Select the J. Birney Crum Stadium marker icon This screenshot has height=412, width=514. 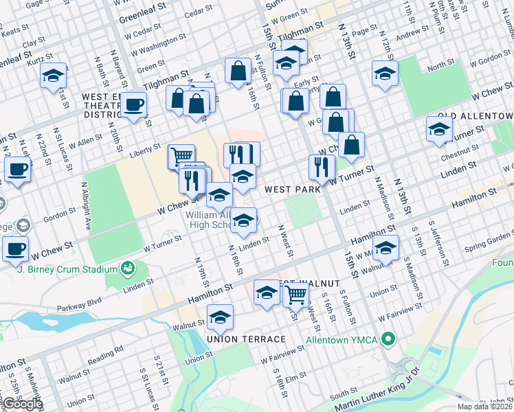[126, 267]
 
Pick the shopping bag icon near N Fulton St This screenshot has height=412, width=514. [237, 70]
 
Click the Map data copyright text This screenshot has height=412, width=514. [484, 407]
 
